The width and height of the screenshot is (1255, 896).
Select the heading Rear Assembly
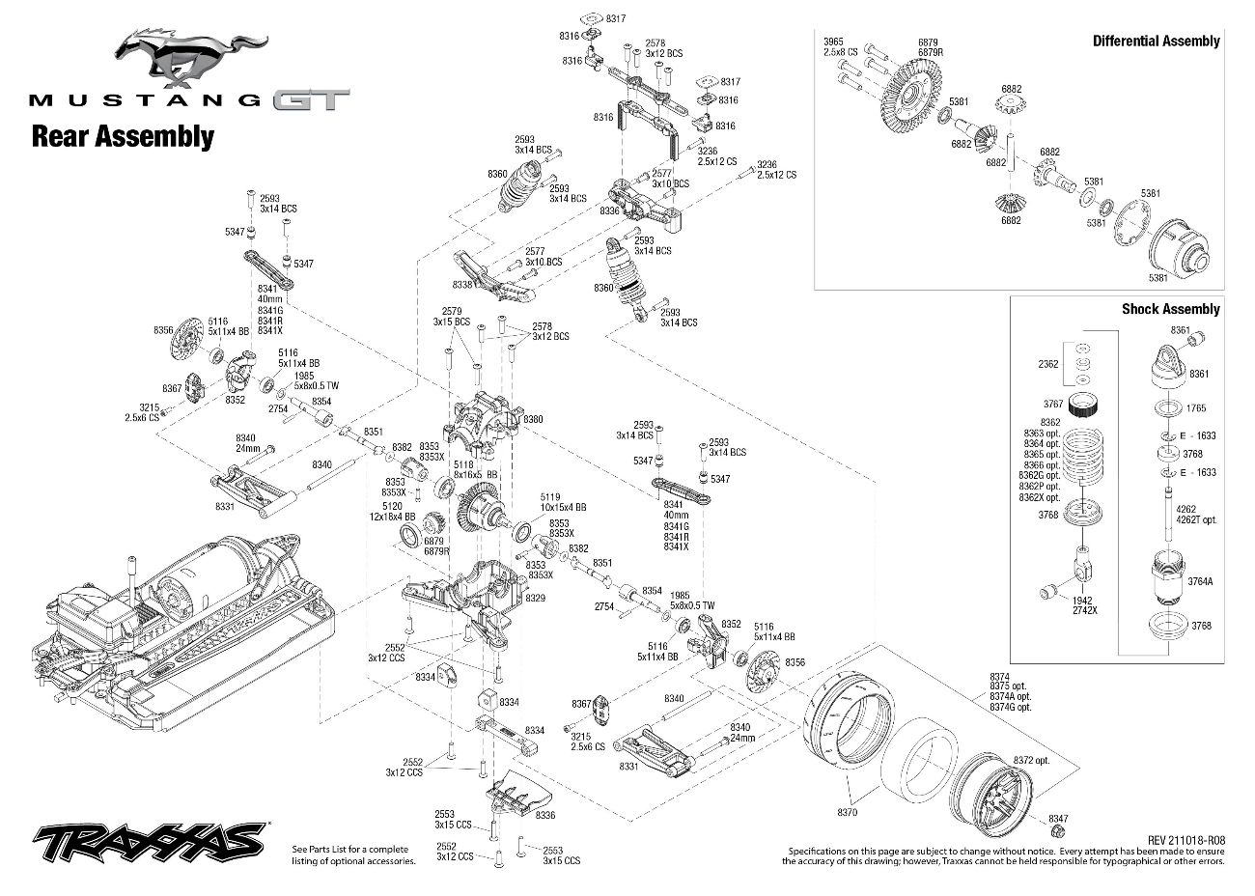coord(123,136)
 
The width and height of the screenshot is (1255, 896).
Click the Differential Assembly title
coord(1156,41)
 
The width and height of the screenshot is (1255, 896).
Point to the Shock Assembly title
coord(1170,309)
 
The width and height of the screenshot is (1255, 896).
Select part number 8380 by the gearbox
coord(533,420)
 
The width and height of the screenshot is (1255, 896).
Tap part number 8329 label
coord(535,599)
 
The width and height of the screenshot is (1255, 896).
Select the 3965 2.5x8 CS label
coord(835,47)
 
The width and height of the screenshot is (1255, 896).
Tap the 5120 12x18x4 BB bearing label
coord(398,511)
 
